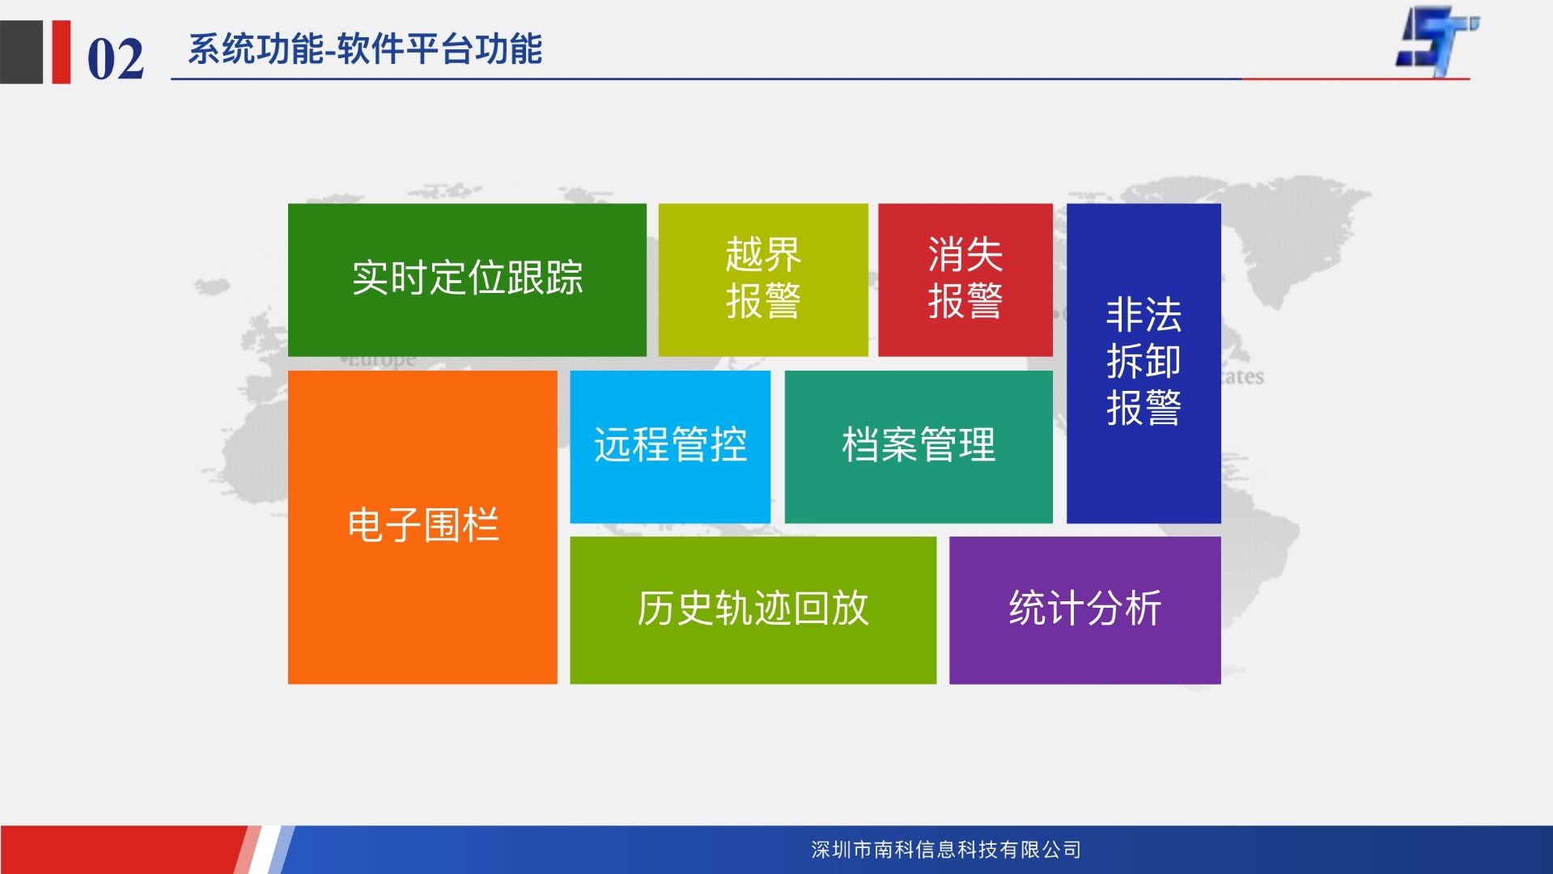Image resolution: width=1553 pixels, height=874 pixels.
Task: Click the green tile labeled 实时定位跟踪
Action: pos(467,280)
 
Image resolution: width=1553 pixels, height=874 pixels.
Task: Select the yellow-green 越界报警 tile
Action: pos(763,280)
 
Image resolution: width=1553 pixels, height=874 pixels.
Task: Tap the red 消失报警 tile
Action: pos(965,280)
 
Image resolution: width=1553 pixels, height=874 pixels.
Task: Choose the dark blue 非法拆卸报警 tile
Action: pos(1144,363)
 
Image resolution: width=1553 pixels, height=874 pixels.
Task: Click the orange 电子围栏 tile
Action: pos(422,528)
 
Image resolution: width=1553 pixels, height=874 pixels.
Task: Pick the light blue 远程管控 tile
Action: pos(670,447)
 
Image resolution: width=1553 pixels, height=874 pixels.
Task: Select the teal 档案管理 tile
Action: pos(919,447)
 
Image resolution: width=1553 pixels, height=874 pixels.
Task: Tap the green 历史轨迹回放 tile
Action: pos(753,610)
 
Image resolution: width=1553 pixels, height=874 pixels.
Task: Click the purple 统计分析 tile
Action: pos(1084,610)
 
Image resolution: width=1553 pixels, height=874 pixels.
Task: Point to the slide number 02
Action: pos(116,59)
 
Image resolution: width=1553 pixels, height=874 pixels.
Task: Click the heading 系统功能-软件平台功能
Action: pos(365,49)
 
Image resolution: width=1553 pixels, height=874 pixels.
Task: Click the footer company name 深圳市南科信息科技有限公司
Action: pos(946,850)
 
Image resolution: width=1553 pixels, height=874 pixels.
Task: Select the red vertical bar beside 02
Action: pos(62,52)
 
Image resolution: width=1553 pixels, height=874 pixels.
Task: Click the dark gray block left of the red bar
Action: pos(21,52)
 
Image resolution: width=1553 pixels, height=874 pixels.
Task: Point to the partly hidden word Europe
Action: pos(381,361)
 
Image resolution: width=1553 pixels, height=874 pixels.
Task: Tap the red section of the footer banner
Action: pos(121,850)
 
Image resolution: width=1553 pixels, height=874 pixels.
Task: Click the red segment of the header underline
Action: pos(1356,79)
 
